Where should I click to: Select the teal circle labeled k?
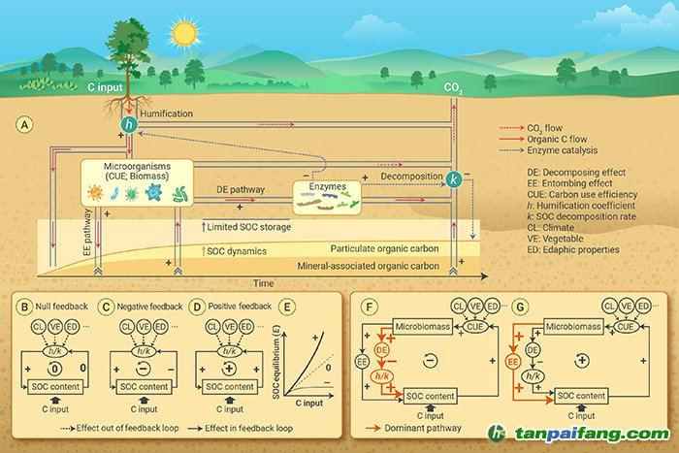tap(453, 178)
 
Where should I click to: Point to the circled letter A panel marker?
tap(25, 125)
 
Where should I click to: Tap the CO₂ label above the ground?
tap(452, 87)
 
